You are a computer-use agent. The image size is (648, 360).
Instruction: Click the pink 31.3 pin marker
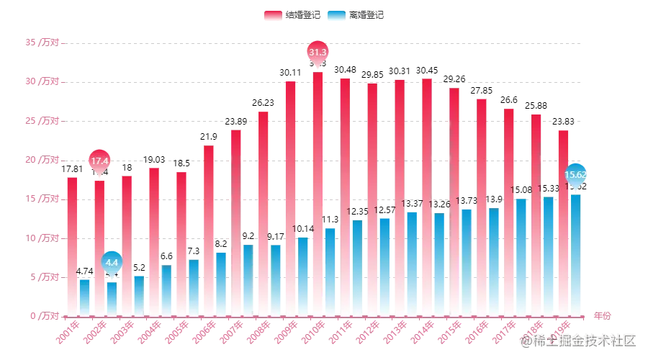pos(318,53)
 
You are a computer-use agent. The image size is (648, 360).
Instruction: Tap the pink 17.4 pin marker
pos(99,161)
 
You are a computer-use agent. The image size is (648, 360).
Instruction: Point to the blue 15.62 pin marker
pos(576,174)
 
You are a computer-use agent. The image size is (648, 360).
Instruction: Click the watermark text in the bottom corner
pos(579,339)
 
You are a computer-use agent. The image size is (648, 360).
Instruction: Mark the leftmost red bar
pos(71,246)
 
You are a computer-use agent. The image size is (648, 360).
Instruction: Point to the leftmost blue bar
pos(85,297)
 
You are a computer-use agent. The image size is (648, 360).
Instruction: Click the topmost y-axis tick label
pos(44,43)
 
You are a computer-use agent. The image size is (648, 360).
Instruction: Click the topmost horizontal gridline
pos(324,43)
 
